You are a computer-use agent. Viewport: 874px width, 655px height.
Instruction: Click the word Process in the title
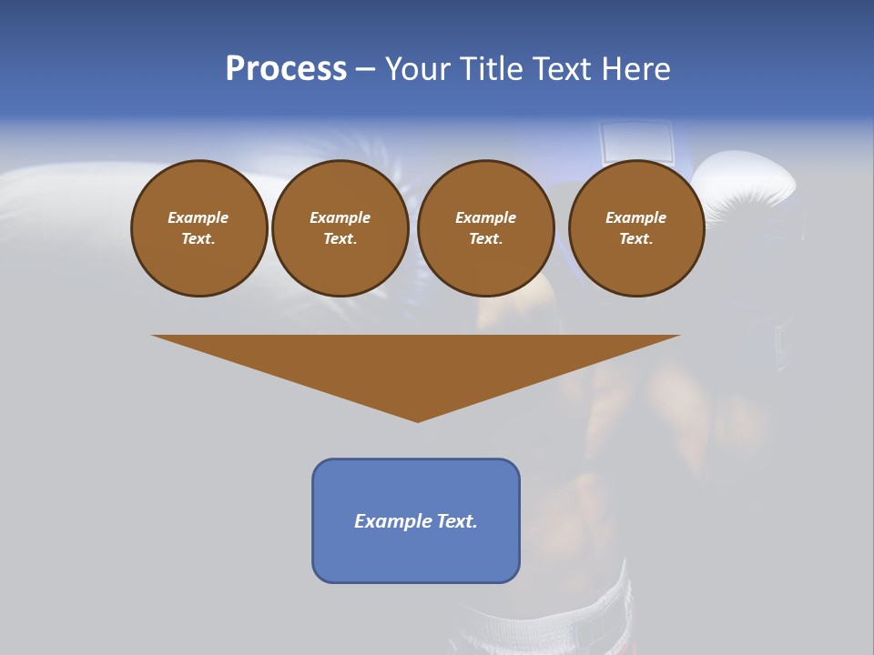[x=286, y=69]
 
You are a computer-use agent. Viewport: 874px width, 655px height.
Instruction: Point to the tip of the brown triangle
[x=417, y=419]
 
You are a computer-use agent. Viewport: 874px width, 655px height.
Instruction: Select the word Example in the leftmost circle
[x=198, y=217]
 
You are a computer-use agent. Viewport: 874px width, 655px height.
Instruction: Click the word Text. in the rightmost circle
[x=635, y=238]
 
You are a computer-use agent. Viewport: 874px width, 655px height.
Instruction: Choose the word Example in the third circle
[x=485, y=217]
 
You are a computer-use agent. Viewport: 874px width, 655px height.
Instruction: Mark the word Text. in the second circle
[x=340, y=238]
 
